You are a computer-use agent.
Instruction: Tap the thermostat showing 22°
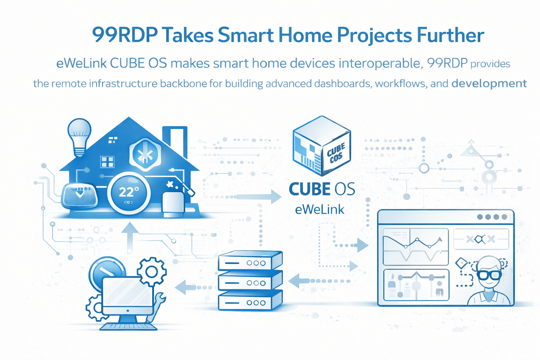click(129, 193)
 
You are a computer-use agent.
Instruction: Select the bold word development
click(489, 84)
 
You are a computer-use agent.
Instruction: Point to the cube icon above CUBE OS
click(321, 146)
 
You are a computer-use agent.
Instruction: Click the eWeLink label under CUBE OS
click(320, 210)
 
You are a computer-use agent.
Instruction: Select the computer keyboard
click(129, 327)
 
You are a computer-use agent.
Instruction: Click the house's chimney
click(175, 141)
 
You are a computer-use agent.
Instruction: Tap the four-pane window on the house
click(107, 162)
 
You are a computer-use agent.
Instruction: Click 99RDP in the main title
click(124, 35)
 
